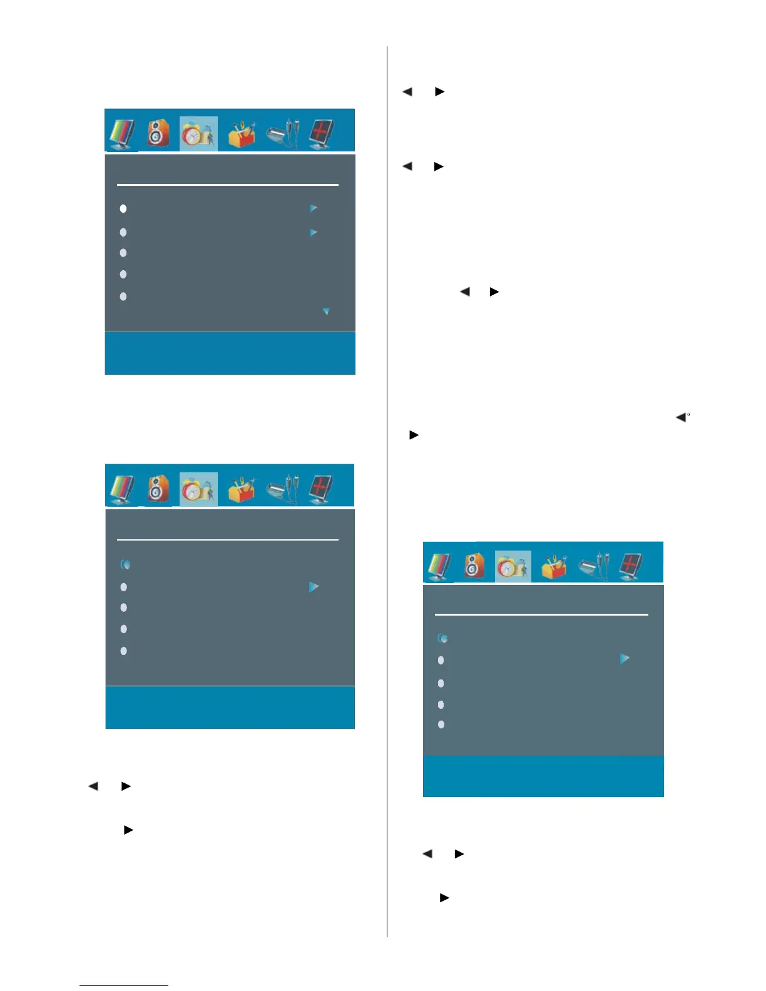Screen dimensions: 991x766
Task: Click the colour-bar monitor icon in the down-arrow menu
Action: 123,133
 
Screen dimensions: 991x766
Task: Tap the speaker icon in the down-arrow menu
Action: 158,133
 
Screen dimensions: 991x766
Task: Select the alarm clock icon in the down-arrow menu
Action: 198,133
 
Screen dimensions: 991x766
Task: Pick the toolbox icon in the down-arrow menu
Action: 242,133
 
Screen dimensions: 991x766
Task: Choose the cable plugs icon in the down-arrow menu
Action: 282,133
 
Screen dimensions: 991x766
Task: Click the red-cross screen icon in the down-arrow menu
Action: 322,133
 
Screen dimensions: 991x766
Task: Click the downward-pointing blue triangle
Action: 325,311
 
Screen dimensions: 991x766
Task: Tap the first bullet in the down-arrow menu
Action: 123,208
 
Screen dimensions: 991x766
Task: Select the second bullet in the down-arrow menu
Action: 123,232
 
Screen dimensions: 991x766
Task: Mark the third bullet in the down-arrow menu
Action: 123,253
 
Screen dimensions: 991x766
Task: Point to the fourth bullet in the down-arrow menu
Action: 123,274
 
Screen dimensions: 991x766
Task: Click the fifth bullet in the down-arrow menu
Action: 123,297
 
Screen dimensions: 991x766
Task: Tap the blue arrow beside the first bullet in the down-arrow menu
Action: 314,208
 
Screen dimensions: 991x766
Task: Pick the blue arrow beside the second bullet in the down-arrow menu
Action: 314,233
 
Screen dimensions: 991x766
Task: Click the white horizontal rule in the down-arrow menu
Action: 228,185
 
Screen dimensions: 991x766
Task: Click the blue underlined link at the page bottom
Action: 124,985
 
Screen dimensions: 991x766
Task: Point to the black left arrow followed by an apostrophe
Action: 680,417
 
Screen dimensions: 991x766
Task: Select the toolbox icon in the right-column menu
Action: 554,566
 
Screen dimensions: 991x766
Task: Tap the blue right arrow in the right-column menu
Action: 624,659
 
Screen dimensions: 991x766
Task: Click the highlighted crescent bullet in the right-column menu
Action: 442,638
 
